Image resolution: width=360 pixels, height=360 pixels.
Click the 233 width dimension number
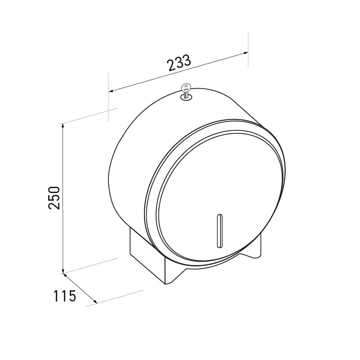coord(180,63)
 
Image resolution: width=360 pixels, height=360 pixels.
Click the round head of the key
coord(185,88)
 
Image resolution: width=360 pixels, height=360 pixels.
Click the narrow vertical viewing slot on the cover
coord(219,230)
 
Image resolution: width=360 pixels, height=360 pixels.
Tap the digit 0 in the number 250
coord(54,190)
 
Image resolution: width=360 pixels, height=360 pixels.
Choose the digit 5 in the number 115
coord(72,296)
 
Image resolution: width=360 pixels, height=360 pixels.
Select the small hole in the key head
coord(185,86)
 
